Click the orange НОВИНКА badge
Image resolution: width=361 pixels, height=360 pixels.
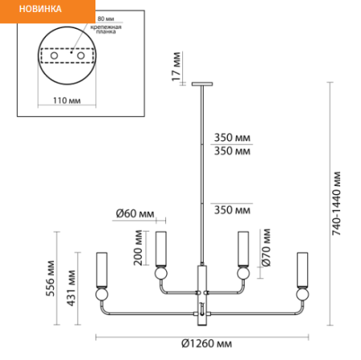click(47, 11)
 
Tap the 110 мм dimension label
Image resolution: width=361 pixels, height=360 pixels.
click(67, 100)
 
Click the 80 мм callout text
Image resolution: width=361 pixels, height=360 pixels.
click(106, 18)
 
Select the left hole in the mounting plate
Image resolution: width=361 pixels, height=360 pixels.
click(55, 55)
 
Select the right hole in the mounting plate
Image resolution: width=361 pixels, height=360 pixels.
click(81, 55)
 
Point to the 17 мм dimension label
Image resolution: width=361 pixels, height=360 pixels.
click(176, 67)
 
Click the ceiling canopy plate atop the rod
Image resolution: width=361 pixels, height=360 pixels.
click(202, 84)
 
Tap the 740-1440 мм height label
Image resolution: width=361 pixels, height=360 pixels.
click(336, 204)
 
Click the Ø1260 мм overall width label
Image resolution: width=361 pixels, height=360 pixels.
click(206, 343)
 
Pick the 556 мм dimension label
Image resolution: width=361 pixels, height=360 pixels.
click(51, 278)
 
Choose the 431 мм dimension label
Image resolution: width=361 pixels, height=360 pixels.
click(71, 288)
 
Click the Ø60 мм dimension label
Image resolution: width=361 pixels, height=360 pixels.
click(135, 213)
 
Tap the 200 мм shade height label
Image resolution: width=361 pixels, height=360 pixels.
click(138, 248)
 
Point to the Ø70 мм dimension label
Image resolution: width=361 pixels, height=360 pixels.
click(266, 248)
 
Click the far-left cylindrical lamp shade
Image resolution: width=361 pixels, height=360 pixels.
click(102, 269)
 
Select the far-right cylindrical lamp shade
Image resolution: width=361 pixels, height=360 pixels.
click(302, 269)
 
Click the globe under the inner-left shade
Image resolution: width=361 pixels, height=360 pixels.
click(160, 273)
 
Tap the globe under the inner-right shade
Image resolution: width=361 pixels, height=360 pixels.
click(243, 273)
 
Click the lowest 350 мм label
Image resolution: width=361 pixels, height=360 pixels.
click(232, 210)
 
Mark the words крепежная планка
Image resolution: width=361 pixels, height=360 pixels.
click(106, 29)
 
